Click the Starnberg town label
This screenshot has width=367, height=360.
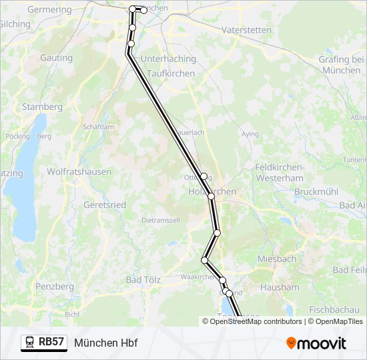click(x=42, y=107)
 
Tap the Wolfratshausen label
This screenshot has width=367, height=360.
click(x=79, y=171)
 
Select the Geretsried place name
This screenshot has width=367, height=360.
click(x=105, y=205)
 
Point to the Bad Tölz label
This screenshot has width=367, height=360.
click(x=142, y=280)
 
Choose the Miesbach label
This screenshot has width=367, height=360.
click(x=276, y=259)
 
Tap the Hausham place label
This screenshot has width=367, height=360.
click(x=281, y=287)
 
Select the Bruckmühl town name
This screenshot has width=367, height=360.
click(x=316, y=192)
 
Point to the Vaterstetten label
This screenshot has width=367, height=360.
click(x=246, y=30)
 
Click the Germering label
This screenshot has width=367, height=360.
click(x=49, y=10)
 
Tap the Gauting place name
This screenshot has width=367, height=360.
click(x=56, y=58)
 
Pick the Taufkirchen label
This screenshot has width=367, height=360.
click(x=170, y=73)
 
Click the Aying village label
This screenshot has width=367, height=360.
click(x=250, y=134)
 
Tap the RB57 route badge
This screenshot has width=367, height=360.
click(x=44, y=343)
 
